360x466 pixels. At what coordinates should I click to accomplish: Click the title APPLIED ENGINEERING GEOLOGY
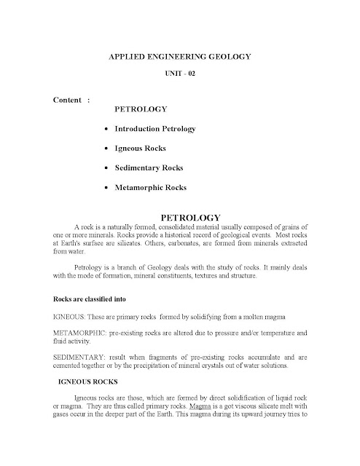pos(179,55)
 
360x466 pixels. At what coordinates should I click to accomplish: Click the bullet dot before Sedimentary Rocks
pos(107,169)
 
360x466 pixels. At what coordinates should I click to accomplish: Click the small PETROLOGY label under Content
pos(141,110)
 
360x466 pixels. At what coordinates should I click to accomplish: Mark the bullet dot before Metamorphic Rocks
pos(107,189)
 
